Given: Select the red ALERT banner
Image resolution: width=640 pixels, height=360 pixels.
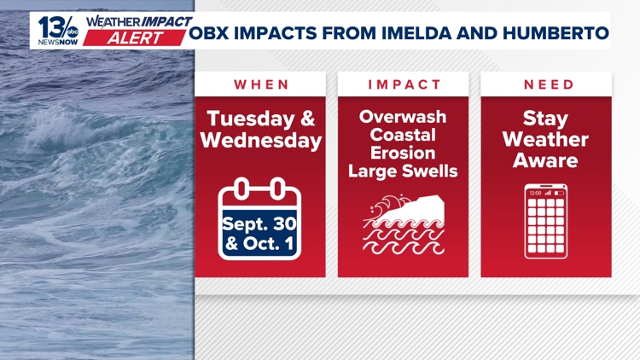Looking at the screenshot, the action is (x=134, y=38).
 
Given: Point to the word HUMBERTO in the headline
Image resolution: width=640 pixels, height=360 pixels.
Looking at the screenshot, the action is (x=556, y=33).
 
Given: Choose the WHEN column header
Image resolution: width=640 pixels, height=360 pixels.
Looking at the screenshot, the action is (x=261, y=84).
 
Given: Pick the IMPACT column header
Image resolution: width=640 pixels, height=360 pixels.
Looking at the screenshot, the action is (x=404, y=84).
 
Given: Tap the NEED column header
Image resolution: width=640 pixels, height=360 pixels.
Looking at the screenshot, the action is (x=549, y=84).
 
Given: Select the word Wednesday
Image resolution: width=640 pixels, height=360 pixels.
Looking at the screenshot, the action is (x=261, y=141).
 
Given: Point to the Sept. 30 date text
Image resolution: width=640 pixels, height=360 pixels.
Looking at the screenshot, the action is (x=259, y=224).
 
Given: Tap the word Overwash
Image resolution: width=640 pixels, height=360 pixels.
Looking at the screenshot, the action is (x=403, y=117).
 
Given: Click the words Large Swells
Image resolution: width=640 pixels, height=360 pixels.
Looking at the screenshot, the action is (x=403, y=171).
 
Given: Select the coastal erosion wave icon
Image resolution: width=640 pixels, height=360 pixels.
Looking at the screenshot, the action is (x=404, y=224).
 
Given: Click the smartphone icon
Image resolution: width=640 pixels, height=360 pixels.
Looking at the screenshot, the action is (x=546, y=221).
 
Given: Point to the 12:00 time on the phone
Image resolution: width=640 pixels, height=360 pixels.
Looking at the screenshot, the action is (x=535, y=193).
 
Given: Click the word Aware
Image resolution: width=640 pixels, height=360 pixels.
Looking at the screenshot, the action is (x=545, y=160).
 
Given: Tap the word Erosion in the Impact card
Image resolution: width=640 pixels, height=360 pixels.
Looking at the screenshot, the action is (x=403, y=153).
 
